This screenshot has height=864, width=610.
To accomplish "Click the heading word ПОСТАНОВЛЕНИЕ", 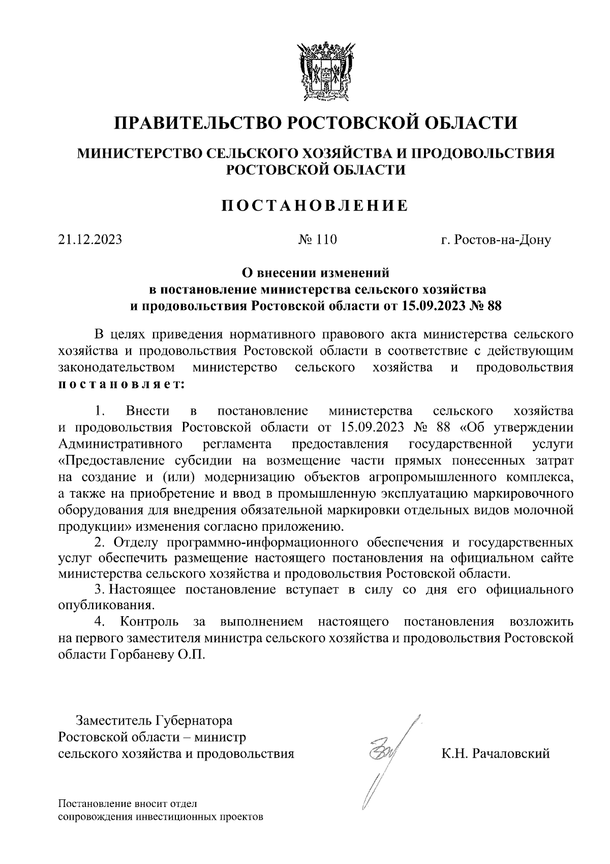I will pos(315,205).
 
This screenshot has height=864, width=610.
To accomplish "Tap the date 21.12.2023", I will pos(90,239).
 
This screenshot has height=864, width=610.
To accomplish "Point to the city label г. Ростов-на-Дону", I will pos(496,239).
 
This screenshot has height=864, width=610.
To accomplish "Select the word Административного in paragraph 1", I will pos(120,444).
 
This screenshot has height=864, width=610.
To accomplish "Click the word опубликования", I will pos(105,606).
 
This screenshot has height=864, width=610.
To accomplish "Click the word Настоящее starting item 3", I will pos(143,590).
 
